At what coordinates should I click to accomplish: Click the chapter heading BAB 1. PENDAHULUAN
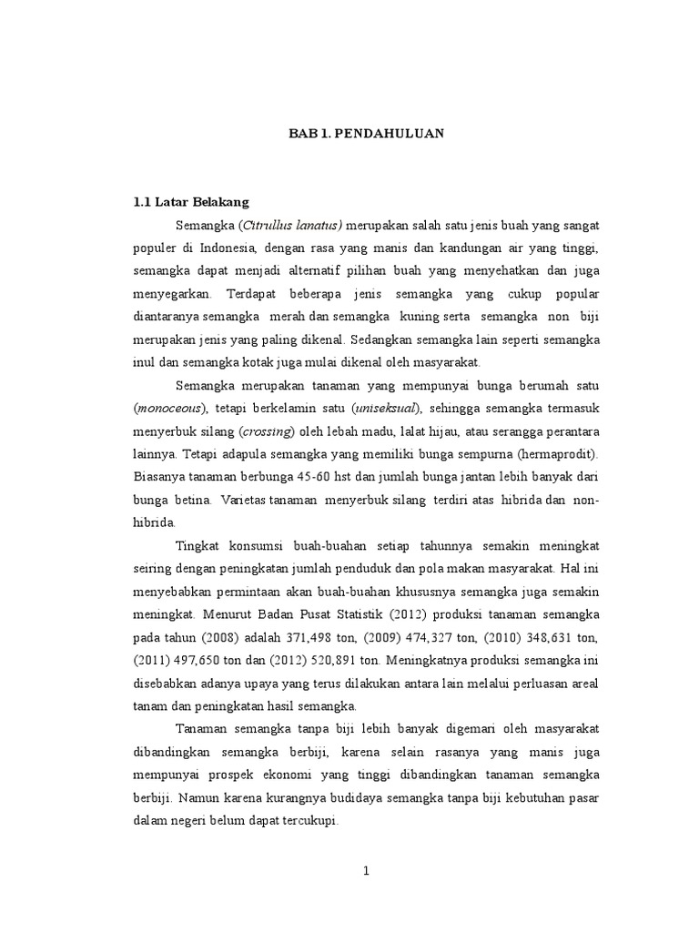tap(366, 132)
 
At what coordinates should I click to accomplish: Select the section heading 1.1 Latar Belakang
tap(190, 201)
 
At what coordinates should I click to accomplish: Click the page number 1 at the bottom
tap(366, 871)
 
